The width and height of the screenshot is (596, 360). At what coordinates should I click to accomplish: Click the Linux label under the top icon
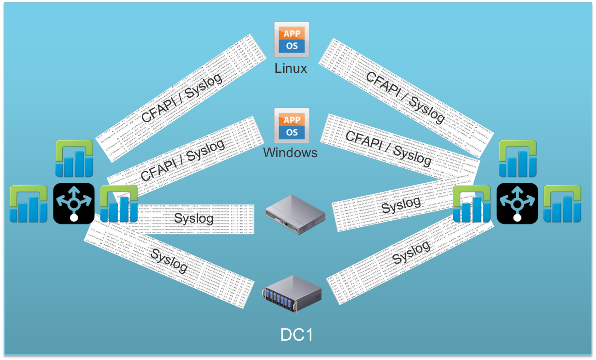[291, 68]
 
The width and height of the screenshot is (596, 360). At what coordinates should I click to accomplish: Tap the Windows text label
[290, 153]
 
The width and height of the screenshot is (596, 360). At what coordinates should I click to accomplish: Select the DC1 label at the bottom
[297, 335]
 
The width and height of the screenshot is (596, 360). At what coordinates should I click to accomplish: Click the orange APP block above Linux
[291, 33]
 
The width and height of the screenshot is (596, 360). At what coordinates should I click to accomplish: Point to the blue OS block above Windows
[292, 132]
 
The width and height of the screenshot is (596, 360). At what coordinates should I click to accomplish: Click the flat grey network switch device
[295, 215]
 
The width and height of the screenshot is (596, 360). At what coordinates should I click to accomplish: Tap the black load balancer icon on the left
[74, 204]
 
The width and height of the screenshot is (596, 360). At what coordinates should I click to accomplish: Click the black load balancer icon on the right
[517, 204]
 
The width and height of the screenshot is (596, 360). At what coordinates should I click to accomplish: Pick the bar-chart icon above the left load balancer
[74, 159]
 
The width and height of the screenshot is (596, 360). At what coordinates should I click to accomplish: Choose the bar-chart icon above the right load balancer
[518, 159]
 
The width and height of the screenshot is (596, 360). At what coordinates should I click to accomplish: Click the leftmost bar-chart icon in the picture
[29, 204]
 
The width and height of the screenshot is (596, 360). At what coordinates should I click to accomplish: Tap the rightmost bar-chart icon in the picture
[562, 204]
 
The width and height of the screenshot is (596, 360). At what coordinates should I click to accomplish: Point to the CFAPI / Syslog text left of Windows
[182, 160]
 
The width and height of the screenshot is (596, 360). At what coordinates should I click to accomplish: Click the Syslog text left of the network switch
[193, 218]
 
